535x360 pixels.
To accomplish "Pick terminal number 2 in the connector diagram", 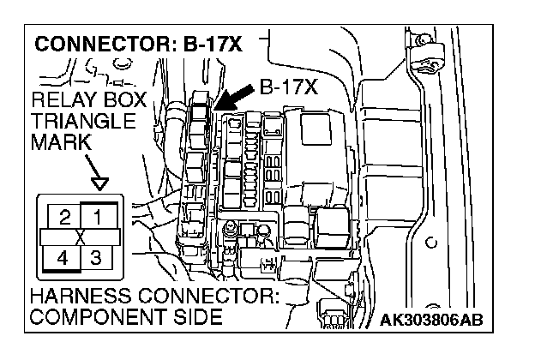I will point(65,216).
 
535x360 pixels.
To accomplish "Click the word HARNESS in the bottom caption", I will point(82,298).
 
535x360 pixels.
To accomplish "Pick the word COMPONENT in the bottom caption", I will point(95,317).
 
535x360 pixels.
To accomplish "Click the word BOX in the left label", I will point(126,102).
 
